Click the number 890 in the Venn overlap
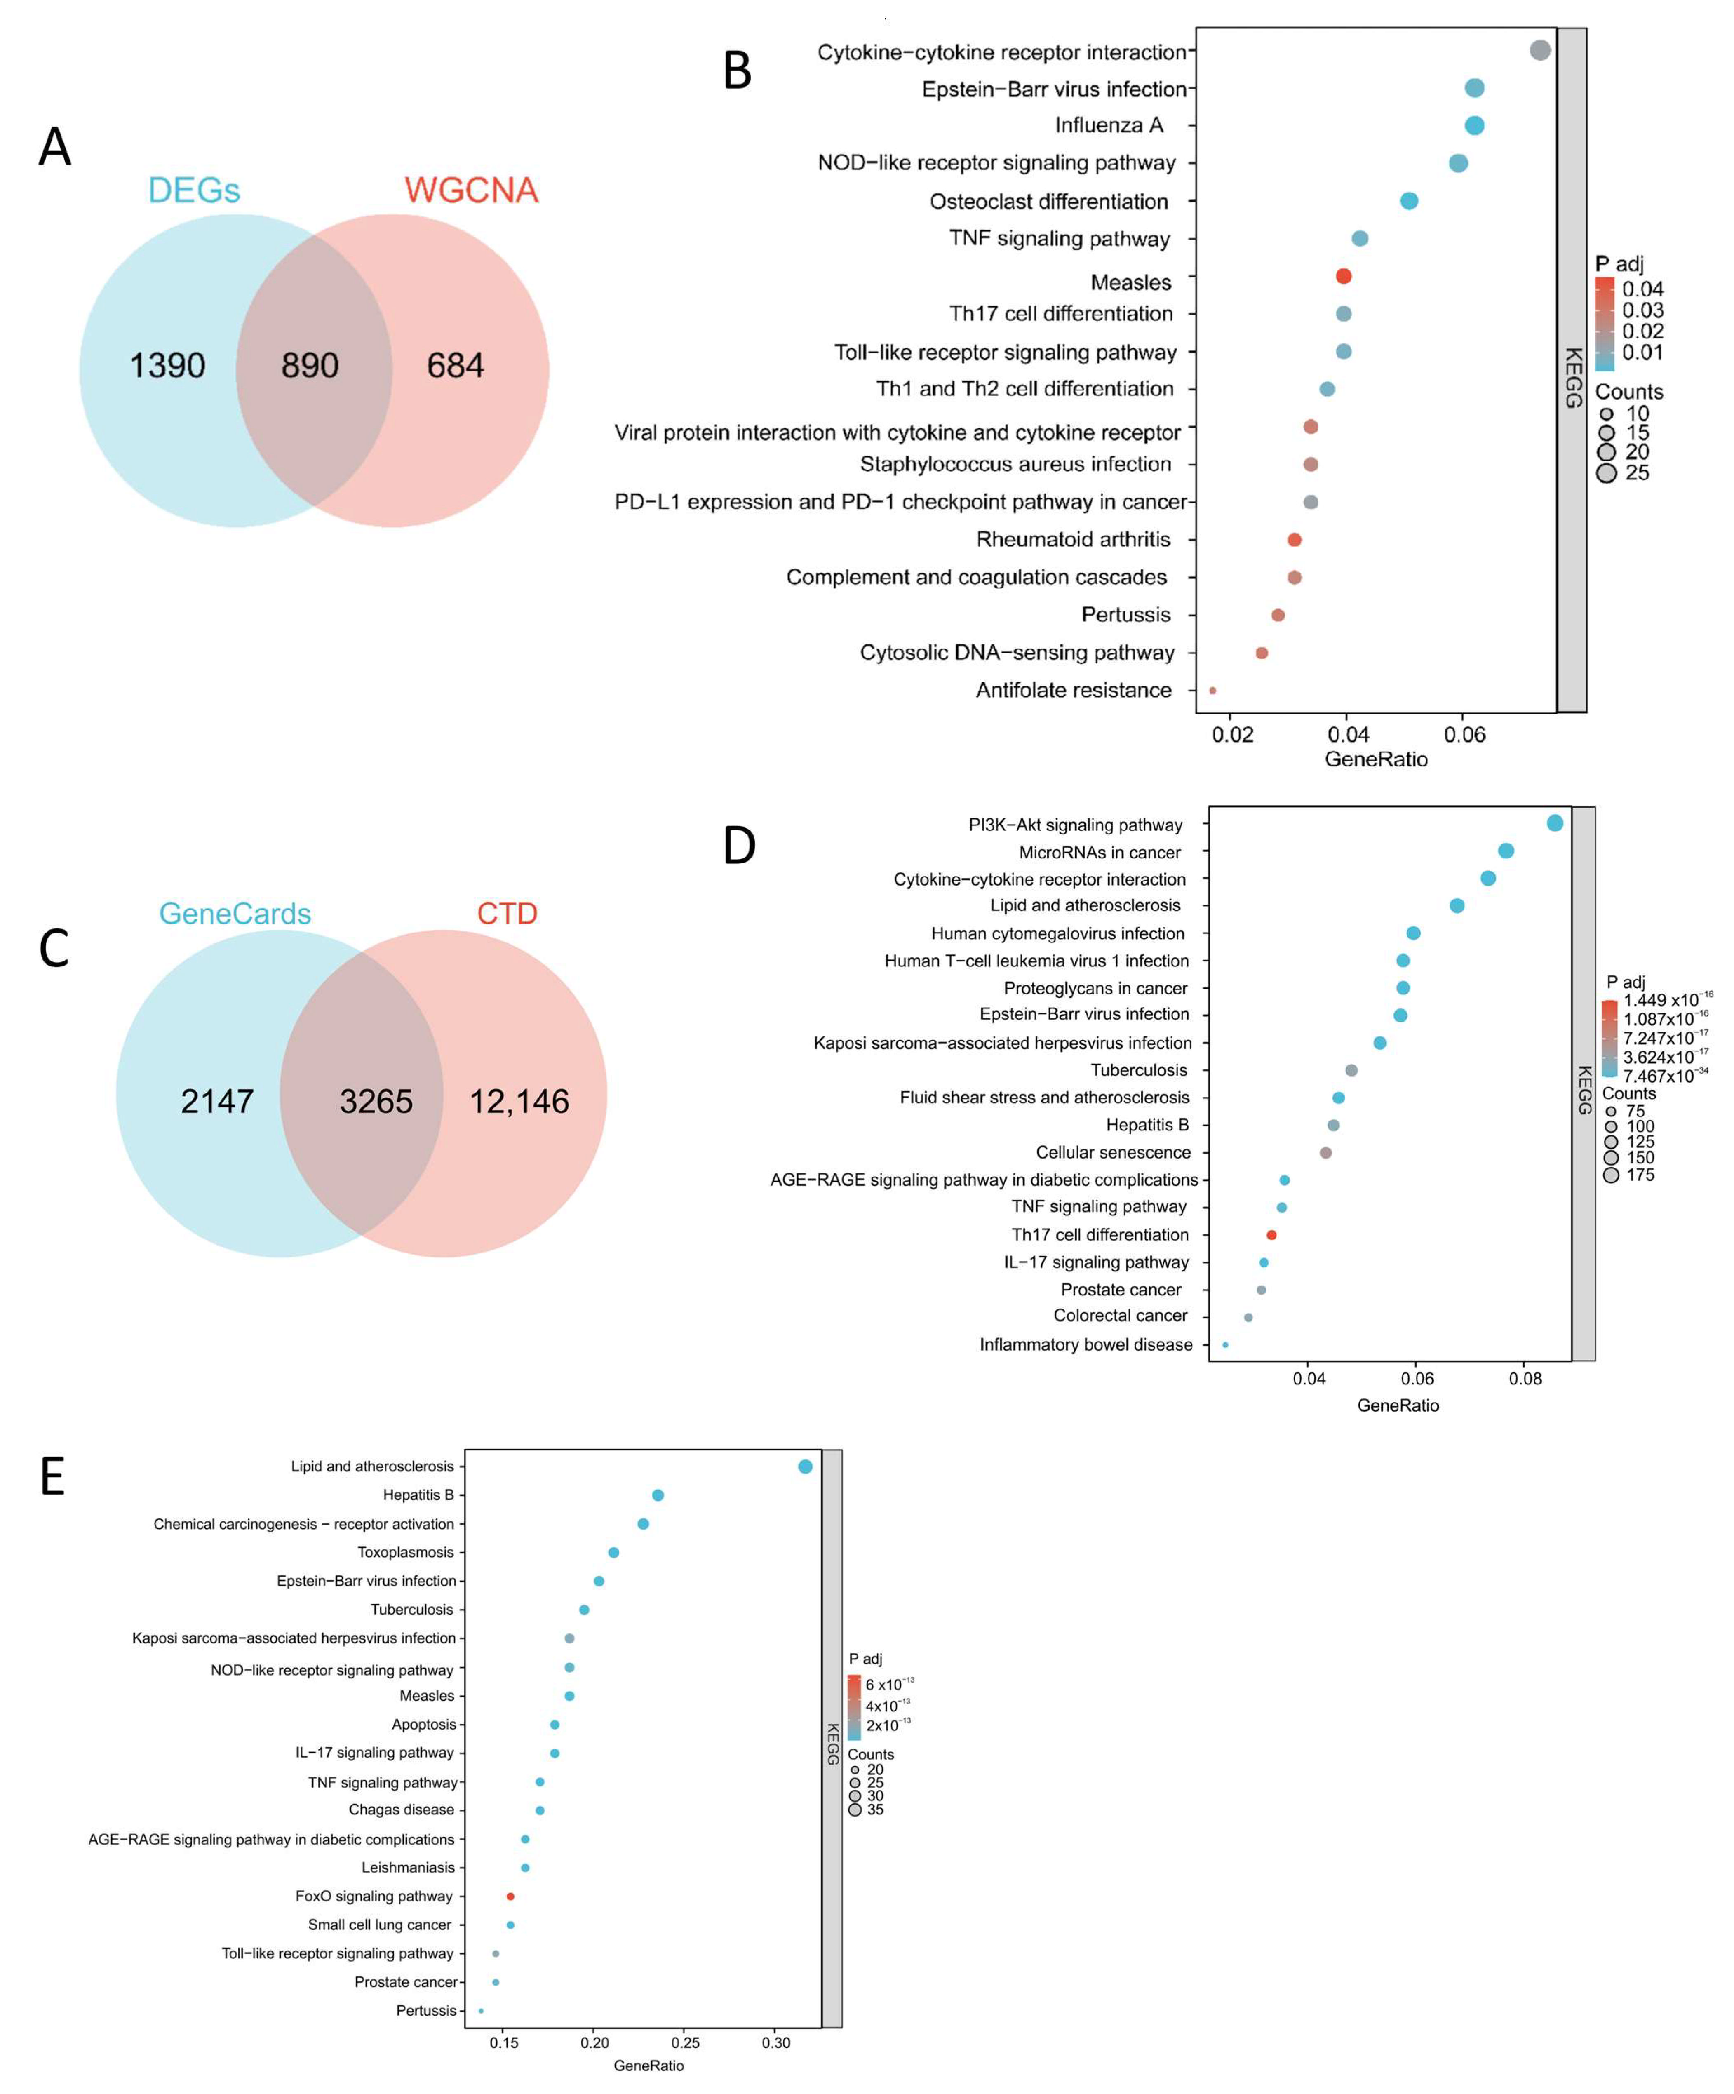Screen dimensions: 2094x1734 [310, 366]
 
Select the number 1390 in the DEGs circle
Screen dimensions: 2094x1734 [167, 366]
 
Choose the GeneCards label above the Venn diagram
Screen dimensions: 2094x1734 [235, 913]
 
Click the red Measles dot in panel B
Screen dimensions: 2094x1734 [1343, 276]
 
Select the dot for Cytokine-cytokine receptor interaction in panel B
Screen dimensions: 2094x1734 [1539, 50]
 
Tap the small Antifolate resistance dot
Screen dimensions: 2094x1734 [1212, 690]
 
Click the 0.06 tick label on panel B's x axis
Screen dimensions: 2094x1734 [1465, 735]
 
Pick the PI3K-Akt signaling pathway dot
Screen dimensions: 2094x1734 [1555, 823]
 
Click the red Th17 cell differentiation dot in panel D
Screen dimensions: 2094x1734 [1271, 1234]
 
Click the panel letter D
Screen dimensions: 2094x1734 [739, 846]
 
